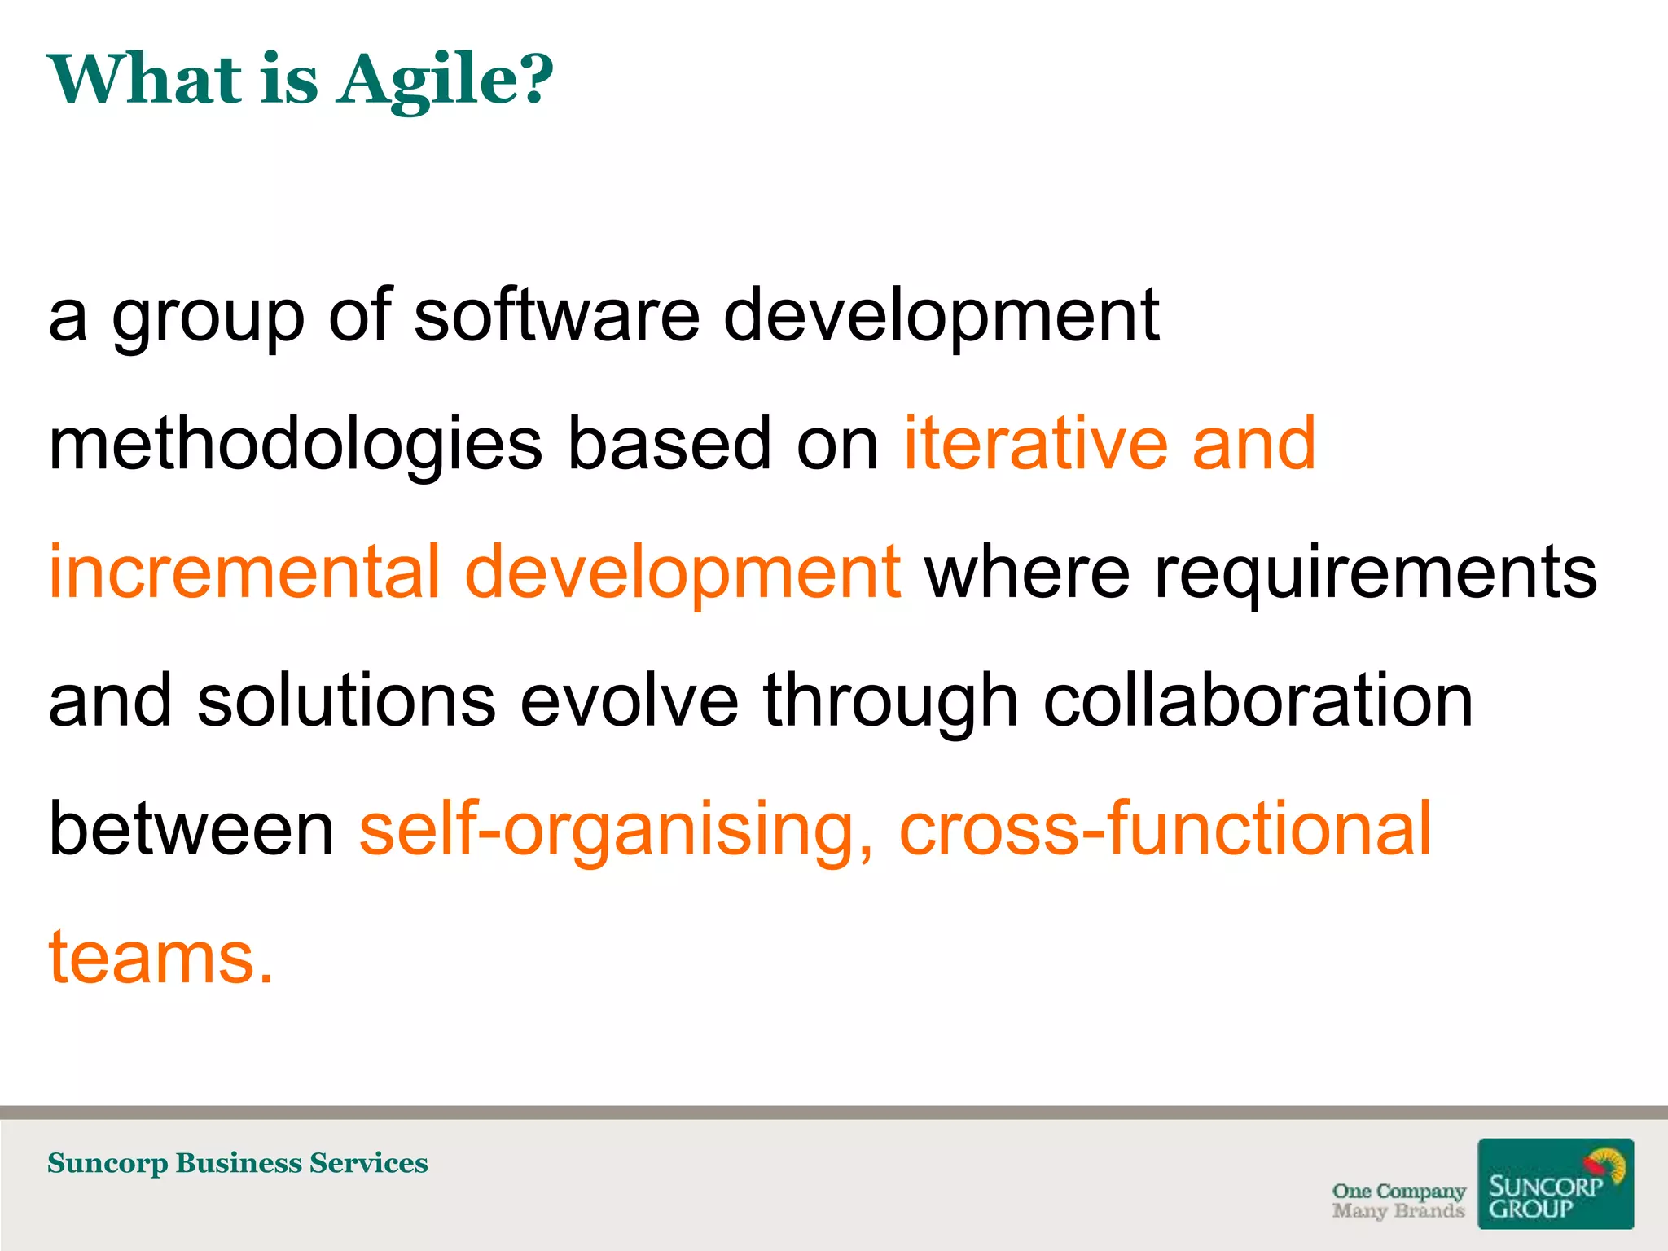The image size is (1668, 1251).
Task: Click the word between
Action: point(191,828)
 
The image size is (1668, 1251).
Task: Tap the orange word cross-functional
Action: point(1165,828)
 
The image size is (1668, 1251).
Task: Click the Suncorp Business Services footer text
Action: point(237,1163)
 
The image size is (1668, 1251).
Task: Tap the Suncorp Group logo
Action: point(1555,1183)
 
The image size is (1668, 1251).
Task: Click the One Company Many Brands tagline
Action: point(1398,1201)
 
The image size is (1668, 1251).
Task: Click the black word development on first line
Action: point(941,318)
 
